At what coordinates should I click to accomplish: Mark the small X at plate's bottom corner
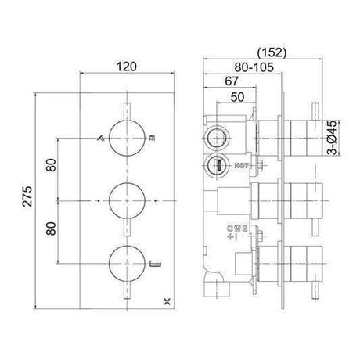pyautogui.click(x=163, y=301)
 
